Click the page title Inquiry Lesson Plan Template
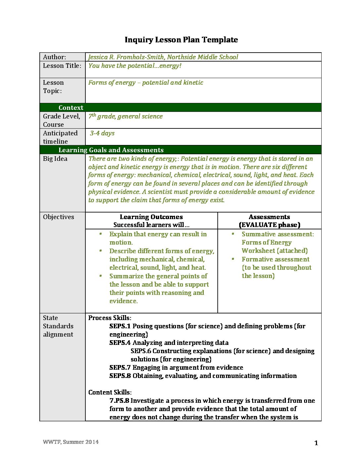[181, 40]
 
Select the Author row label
[54, 57]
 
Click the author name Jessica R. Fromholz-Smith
[126, 57]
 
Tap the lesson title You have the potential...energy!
[135, 66]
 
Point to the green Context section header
[71, 108]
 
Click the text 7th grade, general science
[125, 117]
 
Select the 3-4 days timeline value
[102, 133]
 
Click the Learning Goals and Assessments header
[111, 150]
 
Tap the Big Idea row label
[55, 159]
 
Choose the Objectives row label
[59, 217]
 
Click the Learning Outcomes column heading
[151, 217]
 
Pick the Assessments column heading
[269, 217]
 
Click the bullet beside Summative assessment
[233, 234]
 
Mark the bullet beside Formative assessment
[233, 259]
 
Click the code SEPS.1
[120, 326]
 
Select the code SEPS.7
[120, 368]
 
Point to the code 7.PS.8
[119, 401]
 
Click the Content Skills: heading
[110, 393]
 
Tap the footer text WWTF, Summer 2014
[70, 442]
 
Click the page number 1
[316, 443]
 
